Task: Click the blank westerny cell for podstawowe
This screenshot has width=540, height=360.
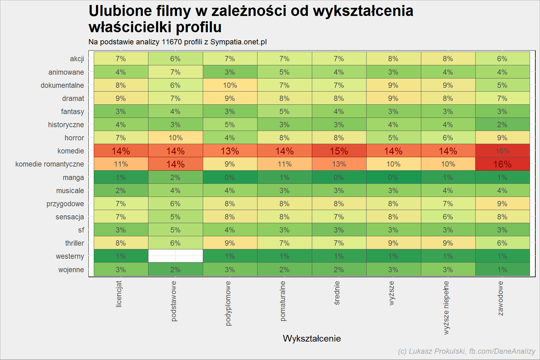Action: point(176,256)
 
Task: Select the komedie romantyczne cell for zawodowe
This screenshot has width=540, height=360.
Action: point(502,164)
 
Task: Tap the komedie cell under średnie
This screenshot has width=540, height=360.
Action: point(339,151)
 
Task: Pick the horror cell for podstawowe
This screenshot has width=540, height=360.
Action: point(176,138)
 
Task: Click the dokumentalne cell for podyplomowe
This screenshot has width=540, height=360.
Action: point(230,85)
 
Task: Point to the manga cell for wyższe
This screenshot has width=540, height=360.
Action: point(393,177)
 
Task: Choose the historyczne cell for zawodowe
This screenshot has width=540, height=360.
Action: point(502,125)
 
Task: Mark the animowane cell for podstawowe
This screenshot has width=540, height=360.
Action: point(176,72)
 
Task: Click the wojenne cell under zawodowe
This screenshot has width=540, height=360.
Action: point(502,269)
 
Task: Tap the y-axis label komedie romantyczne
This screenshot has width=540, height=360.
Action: point(50,164)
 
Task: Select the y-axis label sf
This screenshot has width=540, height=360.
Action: point(81,230)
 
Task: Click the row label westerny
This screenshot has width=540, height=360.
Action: point(70,257)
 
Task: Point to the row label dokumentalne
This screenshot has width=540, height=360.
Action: point(62,85)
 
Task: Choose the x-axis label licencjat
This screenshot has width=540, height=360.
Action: point(119,294)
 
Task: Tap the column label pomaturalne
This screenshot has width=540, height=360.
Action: point(283,301)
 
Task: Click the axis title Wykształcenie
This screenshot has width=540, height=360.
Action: point(312,338)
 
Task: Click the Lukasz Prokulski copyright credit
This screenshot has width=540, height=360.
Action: point(467,351)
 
